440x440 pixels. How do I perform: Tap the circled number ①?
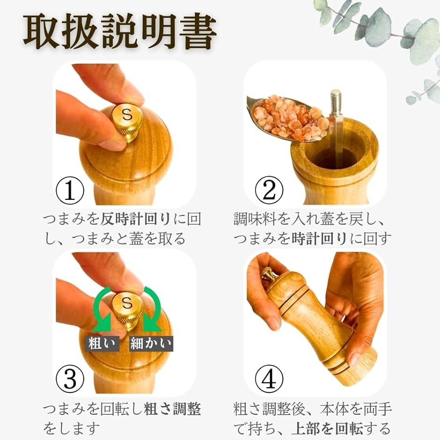tap(70, 190)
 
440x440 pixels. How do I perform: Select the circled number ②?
tap(269, 190)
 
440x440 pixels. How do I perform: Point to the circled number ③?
tap(70, 379)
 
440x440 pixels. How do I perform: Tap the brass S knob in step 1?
tap(127, 122)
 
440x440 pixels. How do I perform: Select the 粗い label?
tap(102, 344)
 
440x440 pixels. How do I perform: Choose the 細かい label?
tap(151, 344)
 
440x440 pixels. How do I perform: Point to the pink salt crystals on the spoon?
tap(289, 117)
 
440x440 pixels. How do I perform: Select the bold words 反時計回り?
tap(136, 219)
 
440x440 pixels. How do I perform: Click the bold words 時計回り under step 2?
tap(319, 239)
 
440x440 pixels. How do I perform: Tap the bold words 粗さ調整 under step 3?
tap(172, 409)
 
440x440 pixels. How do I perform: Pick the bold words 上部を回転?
tap(327, 428)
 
